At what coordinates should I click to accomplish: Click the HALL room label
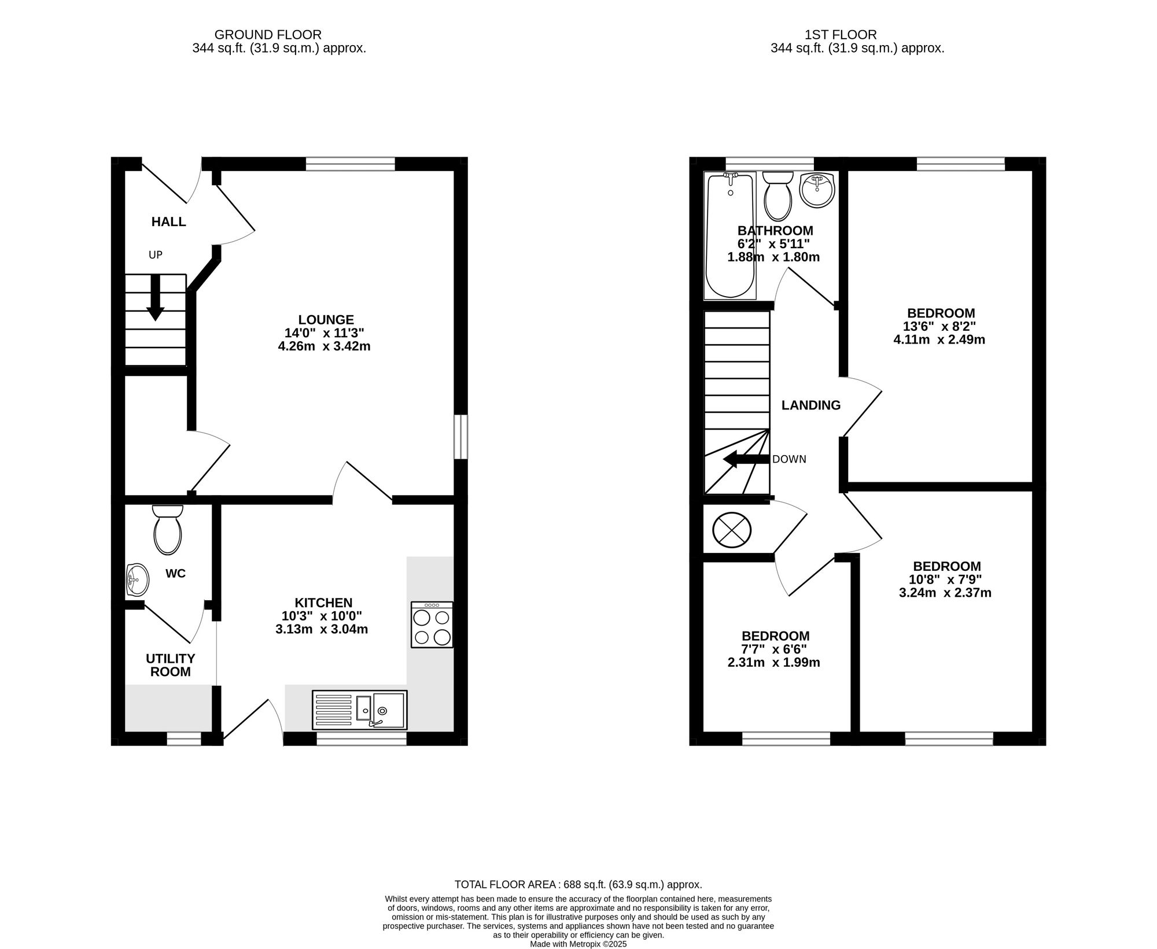pos(168,221)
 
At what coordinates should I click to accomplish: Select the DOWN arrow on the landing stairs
pos(746,460)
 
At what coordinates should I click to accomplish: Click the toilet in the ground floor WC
pos(168,529)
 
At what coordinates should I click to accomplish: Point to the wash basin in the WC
pos(137,579)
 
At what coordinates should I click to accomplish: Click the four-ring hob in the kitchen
pos(432,625)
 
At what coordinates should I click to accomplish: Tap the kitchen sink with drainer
pos(359,710)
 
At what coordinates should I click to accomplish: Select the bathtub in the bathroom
pos(730,235)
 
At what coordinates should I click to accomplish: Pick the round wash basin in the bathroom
pos(817,190)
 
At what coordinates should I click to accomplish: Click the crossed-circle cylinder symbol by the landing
pos(732,529)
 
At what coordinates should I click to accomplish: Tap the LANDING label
pos(811,405)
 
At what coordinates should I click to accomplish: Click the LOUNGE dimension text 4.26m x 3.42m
pos(324,346)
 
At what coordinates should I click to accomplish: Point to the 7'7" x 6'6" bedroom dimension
pos(774,649)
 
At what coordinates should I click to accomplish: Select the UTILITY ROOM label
pos(170,665)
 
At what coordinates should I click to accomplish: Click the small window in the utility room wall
pos(184,738)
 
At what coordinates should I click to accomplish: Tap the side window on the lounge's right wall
pos(460,437)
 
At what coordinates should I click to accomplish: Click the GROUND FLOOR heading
pos(268,35)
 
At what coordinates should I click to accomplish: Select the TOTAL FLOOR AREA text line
pos(578,884)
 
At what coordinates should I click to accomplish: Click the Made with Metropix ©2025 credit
pos(578,944)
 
